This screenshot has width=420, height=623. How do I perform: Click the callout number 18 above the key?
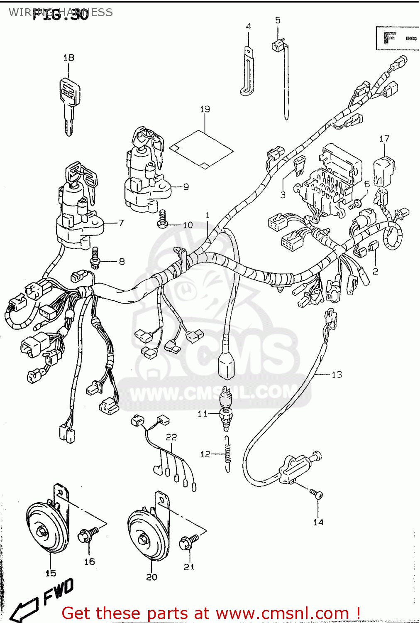point(69,58)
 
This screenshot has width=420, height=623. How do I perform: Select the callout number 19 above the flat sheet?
point(205,109)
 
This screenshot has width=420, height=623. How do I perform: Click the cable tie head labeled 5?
point(278,44)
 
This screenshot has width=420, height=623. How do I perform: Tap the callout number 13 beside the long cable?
point(337,375)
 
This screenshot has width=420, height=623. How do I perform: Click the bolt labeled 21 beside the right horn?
point(189,542)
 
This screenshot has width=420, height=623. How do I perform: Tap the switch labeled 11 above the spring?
point(227,409)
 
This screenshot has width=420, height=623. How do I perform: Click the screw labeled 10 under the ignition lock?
point(162,219)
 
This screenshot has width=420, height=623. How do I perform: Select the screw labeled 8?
point(95,257)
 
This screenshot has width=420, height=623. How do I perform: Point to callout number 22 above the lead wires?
point(171,437)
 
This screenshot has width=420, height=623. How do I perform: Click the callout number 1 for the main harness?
point(208,215)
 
